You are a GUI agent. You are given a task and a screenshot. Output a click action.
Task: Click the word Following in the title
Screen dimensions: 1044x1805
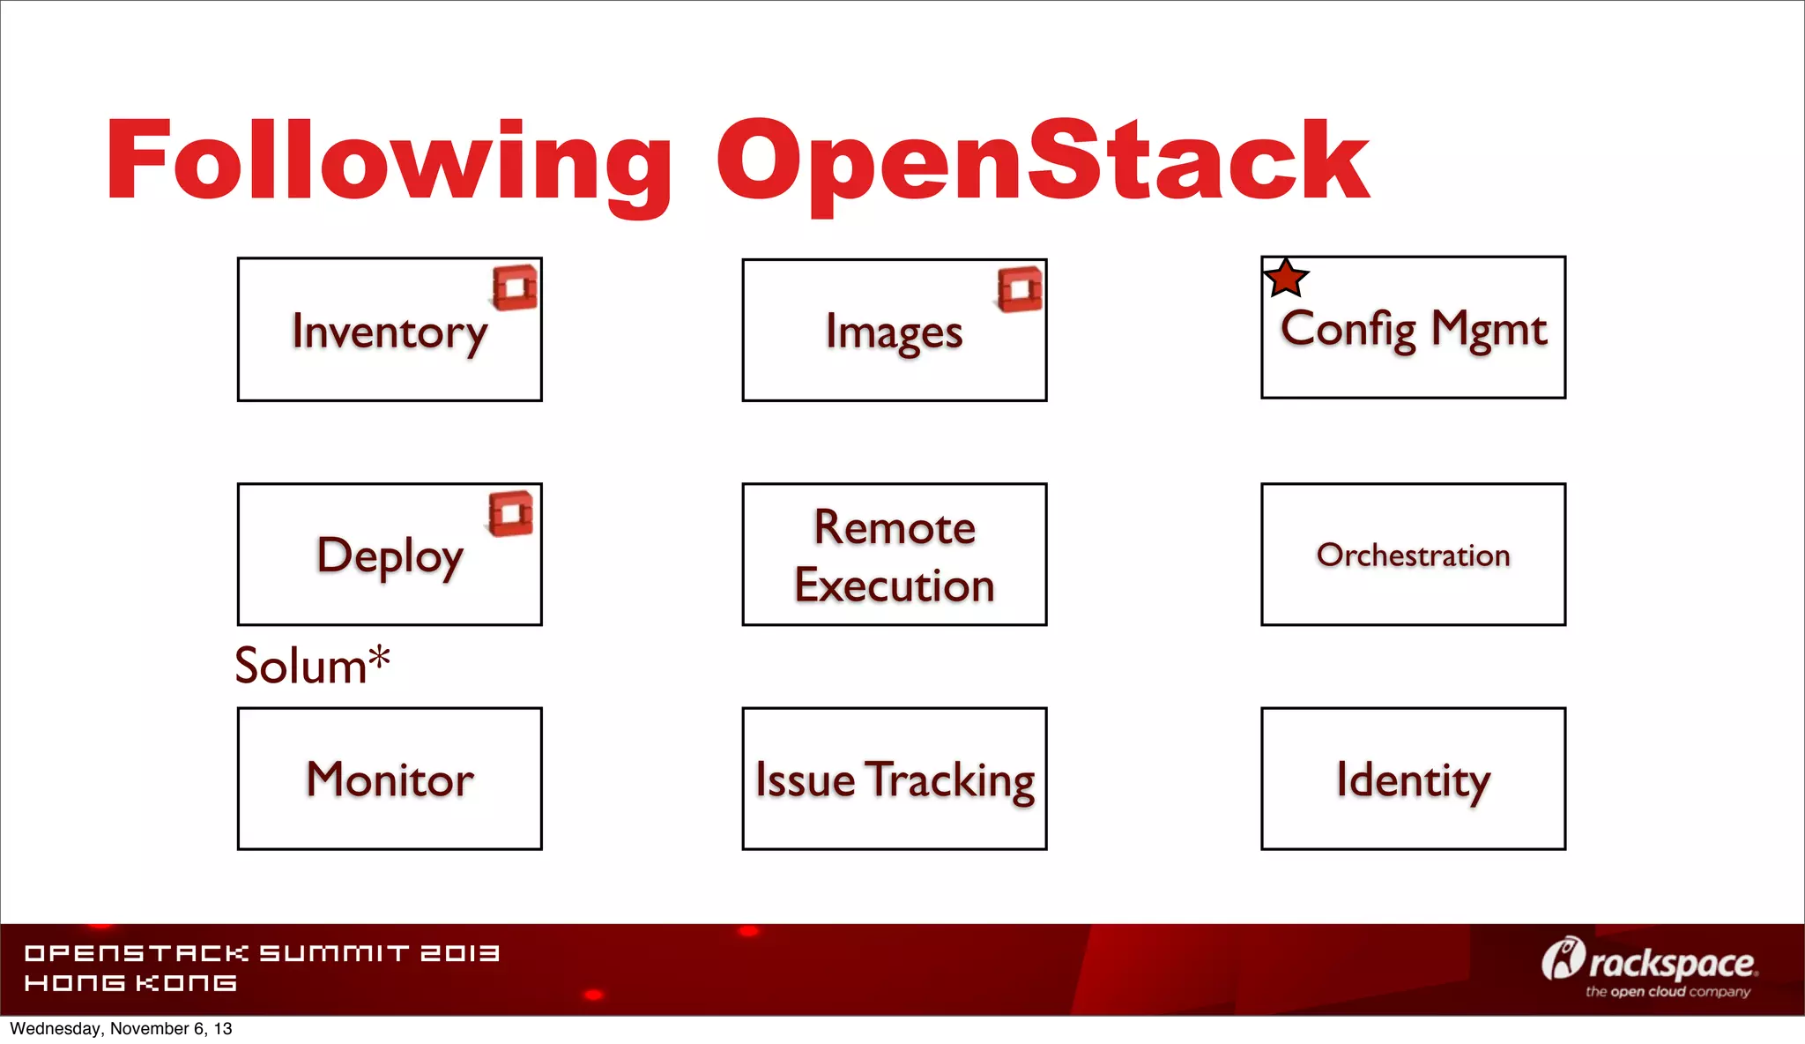pos(388,163)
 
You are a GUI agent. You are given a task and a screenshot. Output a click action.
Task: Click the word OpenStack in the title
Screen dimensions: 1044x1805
pos(1042,163)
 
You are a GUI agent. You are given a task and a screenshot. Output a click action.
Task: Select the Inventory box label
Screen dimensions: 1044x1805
pos(389,332)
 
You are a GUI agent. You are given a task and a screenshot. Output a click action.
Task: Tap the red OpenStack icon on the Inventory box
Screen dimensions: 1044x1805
pos(515,287)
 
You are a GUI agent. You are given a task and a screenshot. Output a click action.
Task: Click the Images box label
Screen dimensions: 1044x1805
pos(894,333)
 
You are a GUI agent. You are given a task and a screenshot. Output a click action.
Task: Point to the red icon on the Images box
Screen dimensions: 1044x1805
pos(1020,289)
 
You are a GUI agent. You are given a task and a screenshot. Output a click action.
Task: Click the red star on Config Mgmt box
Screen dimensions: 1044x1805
pos(1286,279)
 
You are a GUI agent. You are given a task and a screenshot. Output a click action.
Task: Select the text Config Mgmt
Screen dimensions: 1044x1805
pos(1413,329)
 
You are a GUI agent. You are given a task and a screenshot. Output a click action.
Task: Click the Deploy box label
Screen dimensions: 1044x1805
pos(389,556)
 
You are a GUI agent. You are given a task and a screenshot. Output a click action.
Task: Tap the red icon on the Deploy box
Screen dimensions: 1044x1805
pos(511,513)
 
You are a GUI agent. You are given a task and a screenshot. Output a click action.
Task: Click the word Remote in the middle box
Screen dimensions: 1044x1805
pos(894,527)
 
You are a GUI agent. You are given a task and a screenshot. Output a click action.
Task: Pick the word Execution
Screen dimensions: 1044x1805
pos(894,585)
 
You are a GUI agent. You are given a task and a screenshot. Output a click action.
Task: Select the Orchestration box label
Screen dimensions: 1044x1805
pos(1413,555)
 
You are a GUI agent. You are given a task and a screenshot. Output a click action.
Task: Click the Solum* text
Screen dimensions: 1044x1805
pos(312,665)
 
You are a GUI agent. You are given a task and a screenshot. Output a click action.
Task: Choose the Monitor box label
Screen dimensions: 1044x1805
pos(389,779)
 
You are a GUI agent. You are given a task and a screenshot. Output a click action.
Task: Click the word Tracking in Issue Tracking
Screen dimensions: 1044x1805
pos(949,780)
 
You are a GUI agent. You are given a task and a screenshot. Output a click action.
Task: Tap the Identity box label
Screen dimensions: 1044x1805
pos(1413,779)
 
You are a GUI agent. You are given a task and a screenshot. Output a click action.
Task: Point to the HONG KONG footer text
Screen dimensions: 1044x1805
pos(130,983)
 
